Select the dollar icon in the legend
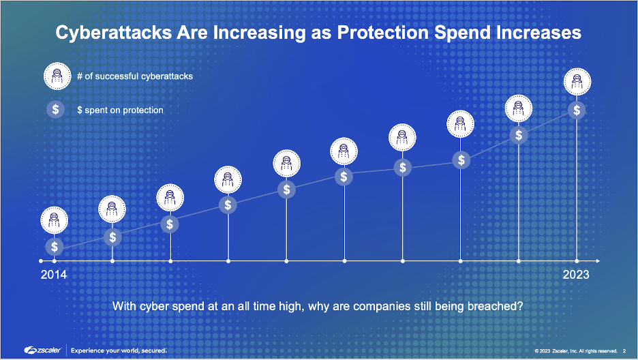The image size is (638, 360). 55,109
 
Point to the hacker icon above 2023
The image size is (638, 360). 577,82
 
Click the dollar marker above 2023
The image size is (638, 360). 577,110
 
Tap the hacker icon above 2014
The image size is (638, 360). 54,220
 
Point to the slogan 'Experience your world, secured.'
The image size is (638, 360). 119,350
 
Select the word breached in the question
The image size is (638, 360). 497,306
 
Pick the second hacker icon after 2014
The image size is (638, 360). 170,198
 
